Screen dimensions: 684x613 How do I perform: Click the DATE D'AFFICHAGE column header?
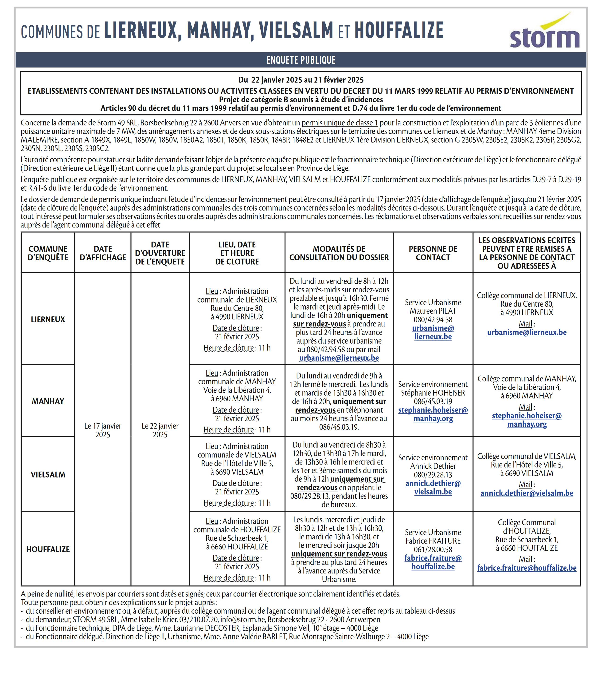[103, 253]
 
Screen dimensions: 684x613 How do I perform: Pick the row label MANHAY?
[48, 401]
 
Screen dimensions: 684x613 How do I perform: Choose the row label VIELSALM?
[48, 474]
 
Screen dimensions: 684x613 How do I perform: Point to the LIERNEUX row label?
[48, 319]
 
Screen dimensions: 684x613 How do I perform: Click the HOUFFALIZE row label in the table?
[48, 549]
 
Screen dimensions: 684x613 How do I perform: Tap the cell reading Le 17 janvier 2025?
[103, 430]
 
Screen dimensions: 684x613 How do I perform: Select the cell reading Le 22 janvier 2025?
[160, 430]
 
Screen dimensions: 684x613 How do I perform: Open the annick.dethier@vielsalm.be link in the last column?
[527, 493]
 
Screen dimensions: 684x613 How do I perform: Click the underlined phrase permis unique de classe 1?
[340, 123]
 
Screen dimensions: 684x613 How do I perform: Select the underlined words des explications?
[132, 602]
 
